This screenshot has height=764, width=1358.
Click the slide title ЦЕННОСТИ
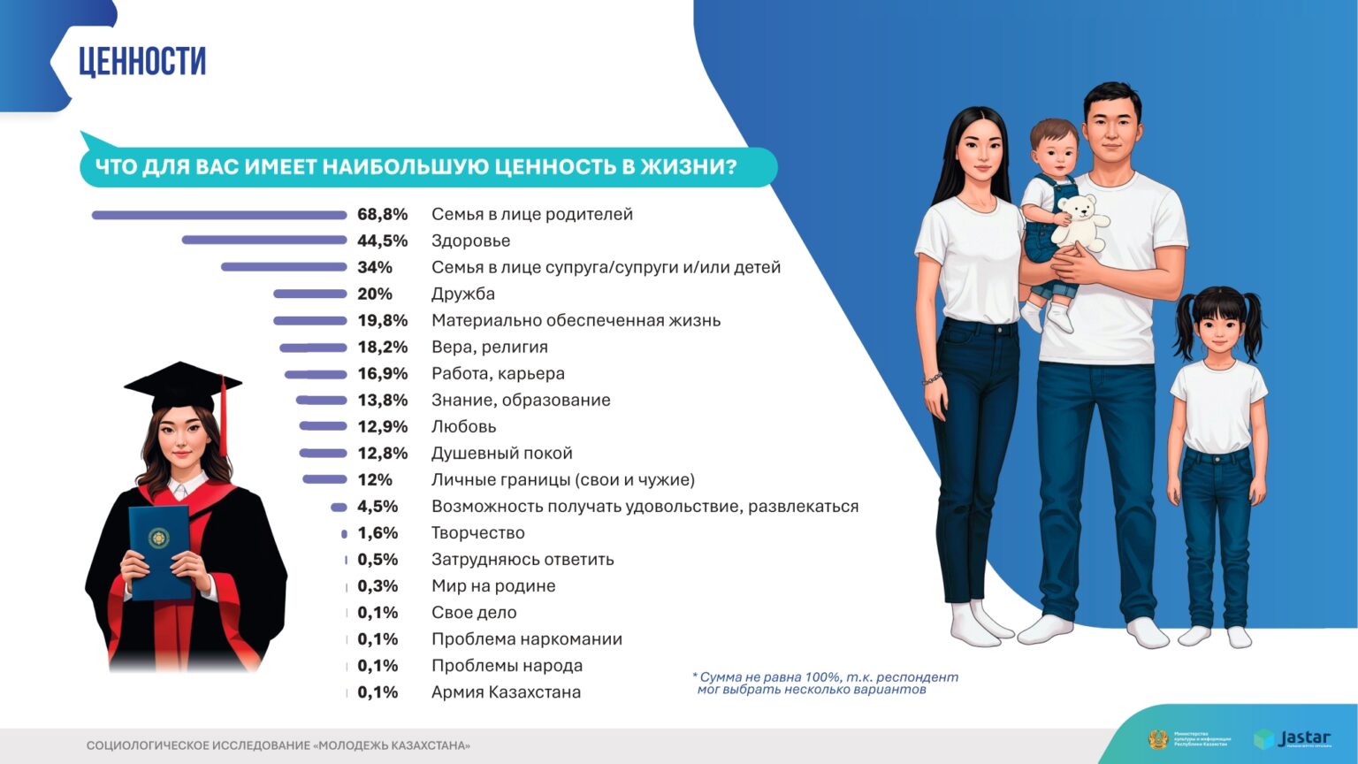[x=142, y=61]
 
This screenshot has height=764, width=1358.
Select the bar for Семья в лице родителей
[x=218, y=215]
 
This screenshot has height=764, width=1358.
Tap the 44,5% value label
[x=382, y=241]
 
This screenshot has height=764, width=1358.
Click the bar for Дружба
[x=309, y=294]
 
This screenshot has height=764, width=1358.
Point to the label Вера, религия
[x=489, y=347]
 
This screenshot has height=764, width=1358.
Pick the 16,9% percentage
[x=382, y=373]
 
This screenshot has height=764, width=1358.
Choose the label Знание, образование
[x=520, y=400]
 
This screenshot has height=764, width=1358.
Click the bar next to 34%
[x=283, y=267]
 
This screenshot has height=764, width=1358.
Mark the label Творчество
[x=477, y=532]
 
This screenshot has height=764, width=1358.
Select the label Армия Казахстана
[x=506, y=691]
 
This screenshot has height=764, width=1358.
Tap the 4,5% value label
[x=378, y=506]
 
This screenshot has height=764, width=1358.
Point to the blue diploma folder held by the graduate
[x=159, y=551]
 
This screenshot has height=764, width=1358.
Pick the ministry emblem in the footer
[x=1157, y=739]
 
